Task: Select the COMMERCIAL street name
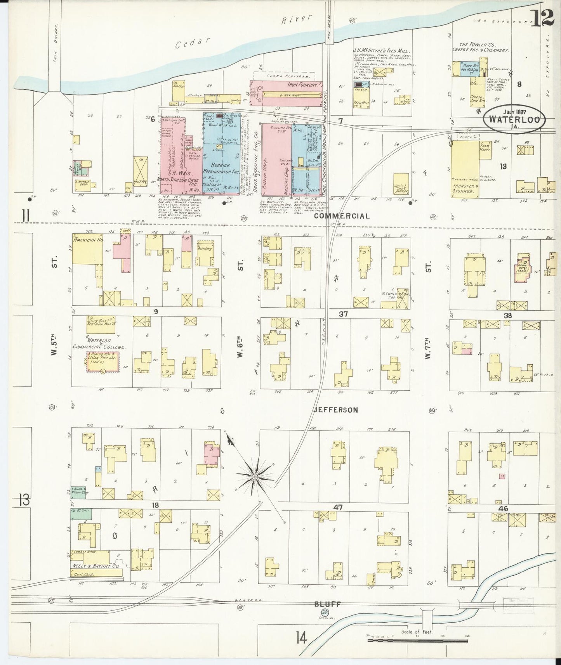point(342,216)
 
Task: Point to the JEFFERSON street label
point(336,410)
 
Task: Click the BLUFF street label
point(327,615)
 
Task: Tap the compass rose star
point(254,476)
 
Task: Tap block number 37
point(343,314)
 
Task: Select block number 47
point(337,507)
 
